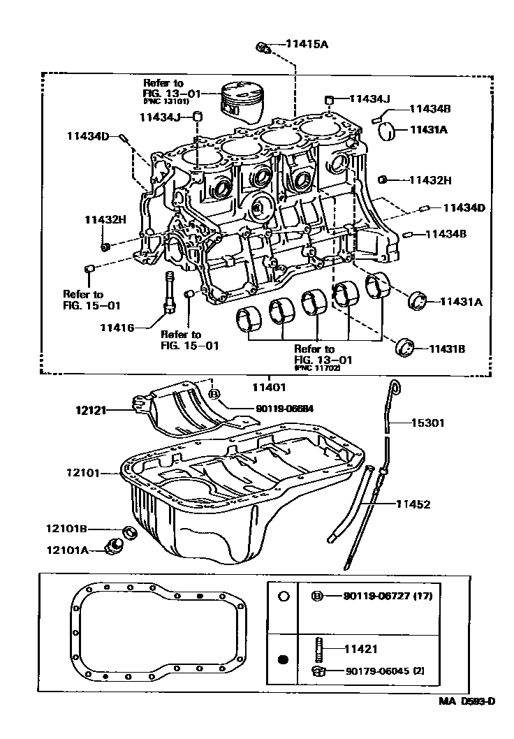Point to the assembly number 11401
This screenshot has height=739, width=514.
(265, 386)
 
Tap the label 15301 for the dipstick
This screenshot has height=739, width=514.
(427, 423)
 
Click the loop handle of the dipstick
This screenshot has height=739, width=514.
(396, 386)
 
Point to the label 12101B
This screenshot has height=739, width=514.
(67, 529)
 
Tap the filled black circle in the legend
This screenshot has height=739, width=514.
(283, 659)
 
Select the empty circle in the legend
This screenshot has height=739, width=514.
(283, 596)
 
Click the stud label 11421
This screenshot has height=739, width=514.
(360, 649)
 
